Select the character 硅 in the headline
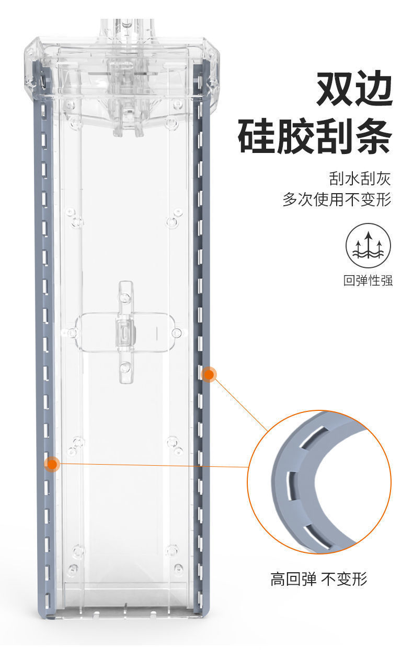(257, 137)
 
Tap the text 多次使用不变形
(337, 199)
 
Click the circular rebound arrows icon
(368, 245)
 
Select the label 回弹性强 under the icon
(368, 280)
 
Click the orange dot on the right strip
(209, 374)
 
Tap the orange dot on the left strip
(51, 464)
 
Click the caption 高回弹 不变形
(318, 579)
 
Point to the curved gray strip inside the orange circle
(293, 470)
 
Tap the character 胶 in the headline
(295, 137)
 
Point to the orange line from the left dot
(152, 465)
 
